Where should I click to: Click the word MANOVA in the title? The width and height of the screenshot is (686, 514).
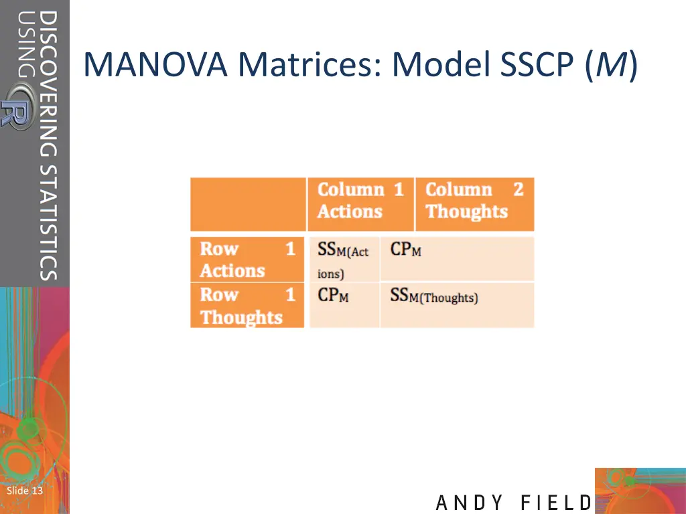tap(158, 66)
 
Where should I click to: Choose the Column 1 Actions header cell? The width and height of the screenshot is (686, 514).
tap(360, 201)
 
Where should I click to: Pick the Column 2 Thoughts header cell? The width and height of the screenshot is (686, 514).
tap(474, 201)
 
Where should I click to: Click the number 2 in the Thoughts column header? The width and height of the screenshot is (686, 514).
tap(518, 190)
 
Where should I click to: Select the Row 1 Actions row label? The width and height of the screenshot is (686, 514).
tap(247, 260)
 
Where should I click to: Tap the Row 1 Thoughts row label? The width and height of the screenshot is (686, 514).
tap(247, 306)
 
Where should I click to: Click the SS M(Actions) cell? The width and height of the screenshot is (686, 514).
tap(344, 260)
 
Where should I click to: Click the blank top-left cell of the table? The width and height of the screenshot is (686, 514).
tap(247, 204)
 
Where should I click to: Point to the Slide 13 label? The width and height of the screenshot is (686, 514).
tap(25, 491)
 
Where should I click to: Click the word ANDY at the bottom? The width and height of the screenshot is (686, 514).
tap(470, 503)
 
